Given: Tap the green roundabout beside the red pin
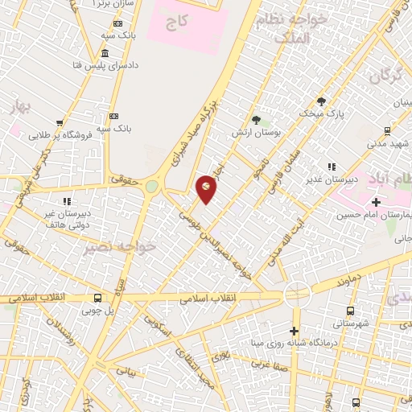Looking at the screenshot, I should [151, 187].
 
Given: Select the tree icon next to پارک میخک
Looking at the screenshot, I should [321, 101].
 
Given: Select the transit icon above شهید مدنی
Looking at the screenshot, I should [387, 130].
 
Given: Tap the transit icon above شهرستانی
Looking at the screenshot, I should [350, 311].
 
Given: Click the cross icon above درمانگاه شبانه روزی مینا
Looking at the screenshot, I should [295, 331].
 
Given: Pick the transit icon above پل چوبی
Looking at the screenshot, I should [97, 296].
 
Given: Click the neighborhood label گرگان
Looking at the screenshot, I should [385, 77].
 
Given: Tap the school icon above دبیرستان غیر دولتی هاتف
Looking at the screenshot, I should [66, 200].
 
